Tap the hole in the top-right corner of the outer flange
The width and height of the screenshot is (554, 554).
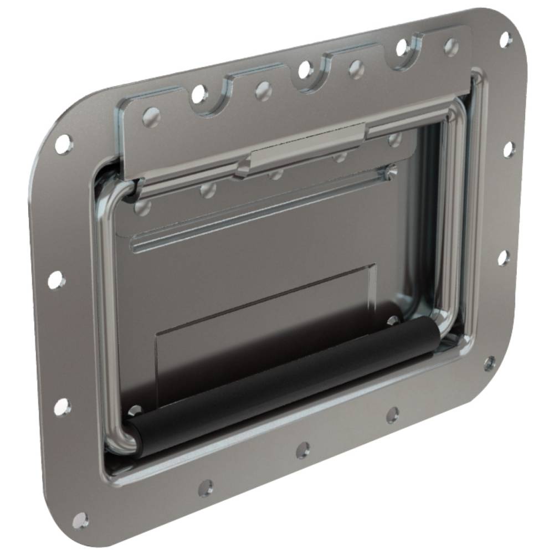pyautogui.click(x=505, y=39)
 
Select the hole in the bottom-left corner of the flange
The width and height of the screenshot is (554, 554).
pyautogui.click(x=80, y=520)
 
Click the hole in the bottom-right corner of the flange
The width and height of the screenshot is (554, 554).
pyautogui.click(x=489, y=363)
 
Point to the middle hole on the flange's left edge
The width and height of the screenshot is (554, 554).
pyautogui.click(x=55, y=280)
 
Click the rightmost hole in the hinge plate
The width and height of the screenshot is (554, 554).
pyautogui.click(x=452, y=46)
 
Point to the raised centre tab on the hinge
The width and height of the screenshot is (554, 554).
pyautogui.click(x=307, y=148)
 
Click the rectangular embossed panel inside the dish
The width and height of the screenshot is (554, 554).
pyautogui.click(x=266, y=327)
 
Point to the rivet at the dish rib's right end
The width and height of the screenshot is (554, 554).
pyautogui.click(x=392, y=169)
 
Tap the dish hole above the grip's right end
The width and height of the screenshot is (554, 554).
pyautogui.click(x=393, y=320)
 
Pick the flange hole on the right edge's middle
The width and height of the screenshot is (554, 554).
pyautogui.click(x=503, y=257)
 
